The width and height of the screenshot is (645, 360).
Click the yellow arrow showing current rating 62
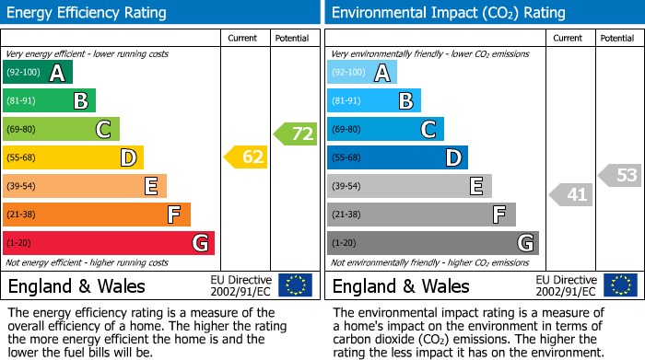246,157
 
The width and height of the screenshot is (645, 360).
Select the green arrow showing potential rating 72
295,134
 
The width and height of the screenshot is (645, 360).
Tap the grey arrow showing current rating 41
571,194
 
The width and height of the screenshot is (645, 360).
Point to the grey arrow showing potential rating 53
620,175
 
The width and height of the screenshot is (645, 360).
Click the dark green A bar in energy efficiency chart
38,73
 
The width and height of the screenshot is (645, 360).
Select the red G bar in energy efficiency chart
109,243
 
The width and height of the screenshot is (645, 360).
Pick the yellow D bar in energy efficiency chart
73,157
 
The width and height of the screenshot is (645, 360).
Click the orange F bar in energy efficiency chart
97,215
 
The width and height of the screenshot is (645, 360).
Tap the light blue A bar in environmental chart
362,73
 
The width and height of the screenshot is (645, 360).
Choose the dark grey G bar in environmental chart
432,243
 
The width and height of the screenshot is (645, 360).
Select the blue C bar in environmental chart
385,129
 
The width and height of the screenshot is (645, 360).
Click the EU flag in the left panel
295,285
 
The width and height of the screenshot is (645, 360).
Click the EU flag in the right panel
620,285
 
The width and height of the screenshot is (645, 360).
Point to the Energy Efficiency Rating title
88,13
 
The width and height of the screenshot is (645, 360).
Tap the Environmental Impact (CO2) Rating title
448,13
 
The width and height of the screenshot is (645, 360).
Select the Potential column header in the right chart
616,38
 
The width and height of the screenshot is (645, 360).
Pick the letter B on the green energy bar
80,101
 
